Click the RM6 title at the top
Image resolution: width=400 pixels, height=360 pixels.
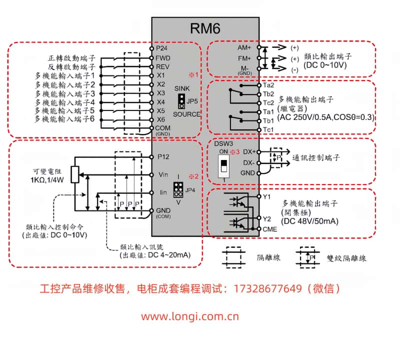pyautogui.click(x=205, y=29)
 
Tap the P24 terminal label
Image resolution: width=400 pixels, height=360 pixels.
pyautogui.click(x=161, y=49)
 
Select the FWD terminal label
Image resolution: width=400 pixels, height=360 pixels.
pyautogui.click(x=163, y=58)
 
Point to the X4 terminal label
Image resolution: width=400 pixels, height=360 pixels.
pyautogui.click(x=160, y=102)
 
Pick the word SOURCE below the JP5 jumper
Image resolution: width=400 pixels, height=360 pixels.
pyautogui.click(x=186, y=114)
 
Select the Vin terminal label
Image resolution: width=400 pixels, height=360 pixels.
pyautogui.click(x=162, y=174)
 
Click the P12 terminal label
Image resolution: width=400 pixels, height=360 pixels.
pyautogui.click(x=162, y=156)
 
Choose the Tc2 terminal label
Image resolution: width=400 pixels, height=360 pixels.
pyautogui.click(x=268, y=102)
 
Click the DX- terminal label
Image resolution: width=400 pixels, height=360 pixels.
pyautogui.click(x=248, y=162)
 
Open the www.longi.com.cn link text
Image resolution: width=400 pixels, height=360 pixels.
pyautogui.click(x=189, y=316)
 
